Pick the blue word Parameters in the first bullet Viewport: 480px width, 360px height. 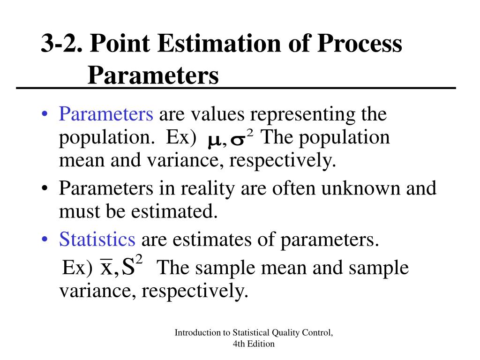[106, 114]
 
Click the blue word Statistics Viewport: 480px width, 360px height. [97, 240]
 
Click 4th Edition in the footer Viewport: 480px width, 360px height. [254, 344]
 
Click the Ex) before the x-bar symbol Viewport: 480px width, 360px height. [78, 269]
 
